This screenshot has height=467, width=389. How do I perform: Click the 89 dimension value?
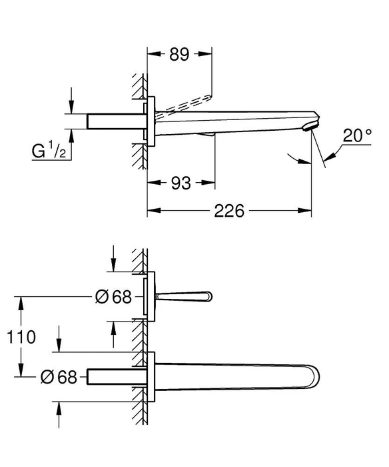tap(179, 54)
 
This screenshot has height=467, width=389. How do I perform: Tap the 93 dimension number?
tap(181, 183)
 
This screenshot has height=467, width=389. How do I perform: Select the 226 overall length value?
tap(229, 211)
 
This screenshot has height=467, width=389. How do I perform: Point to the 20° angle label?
tap(357, 135)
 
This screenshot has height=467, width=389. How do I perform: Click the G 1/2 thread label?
tap(49, 150)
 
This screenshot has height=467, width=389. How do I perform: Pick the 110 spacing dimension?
tap(21, 337)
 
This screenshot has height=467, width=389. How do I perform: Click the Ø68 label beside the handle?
tap(113, 297)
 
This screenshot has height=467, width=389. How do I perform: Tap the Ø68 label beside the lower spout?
tap(59, 377)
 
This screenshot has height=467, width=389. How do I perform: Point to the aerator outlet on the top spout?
tap(308, 128)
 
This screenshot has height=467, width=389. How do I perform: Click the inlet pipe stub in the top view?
tap(117, 121)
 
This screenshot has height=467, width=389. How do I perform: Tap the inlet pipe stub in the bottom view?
tap(117, 377)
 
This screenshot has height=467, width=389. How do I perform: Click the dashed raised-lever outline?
tap(185, 103)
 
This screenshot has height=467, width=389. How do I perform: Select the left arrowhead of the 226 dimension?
tap(154, 211)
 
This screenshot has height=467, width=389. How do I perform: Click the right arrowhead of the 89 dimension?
tap(205, 54)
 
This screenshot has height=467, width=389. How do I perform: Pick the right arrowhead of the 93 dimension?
tap(208, 183)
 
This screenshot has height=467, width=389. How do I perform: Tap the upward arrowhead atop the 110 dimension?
tap(21, 303)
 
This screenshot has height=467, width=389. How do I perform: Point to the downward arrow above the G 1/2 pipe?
tap(71, 101)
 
